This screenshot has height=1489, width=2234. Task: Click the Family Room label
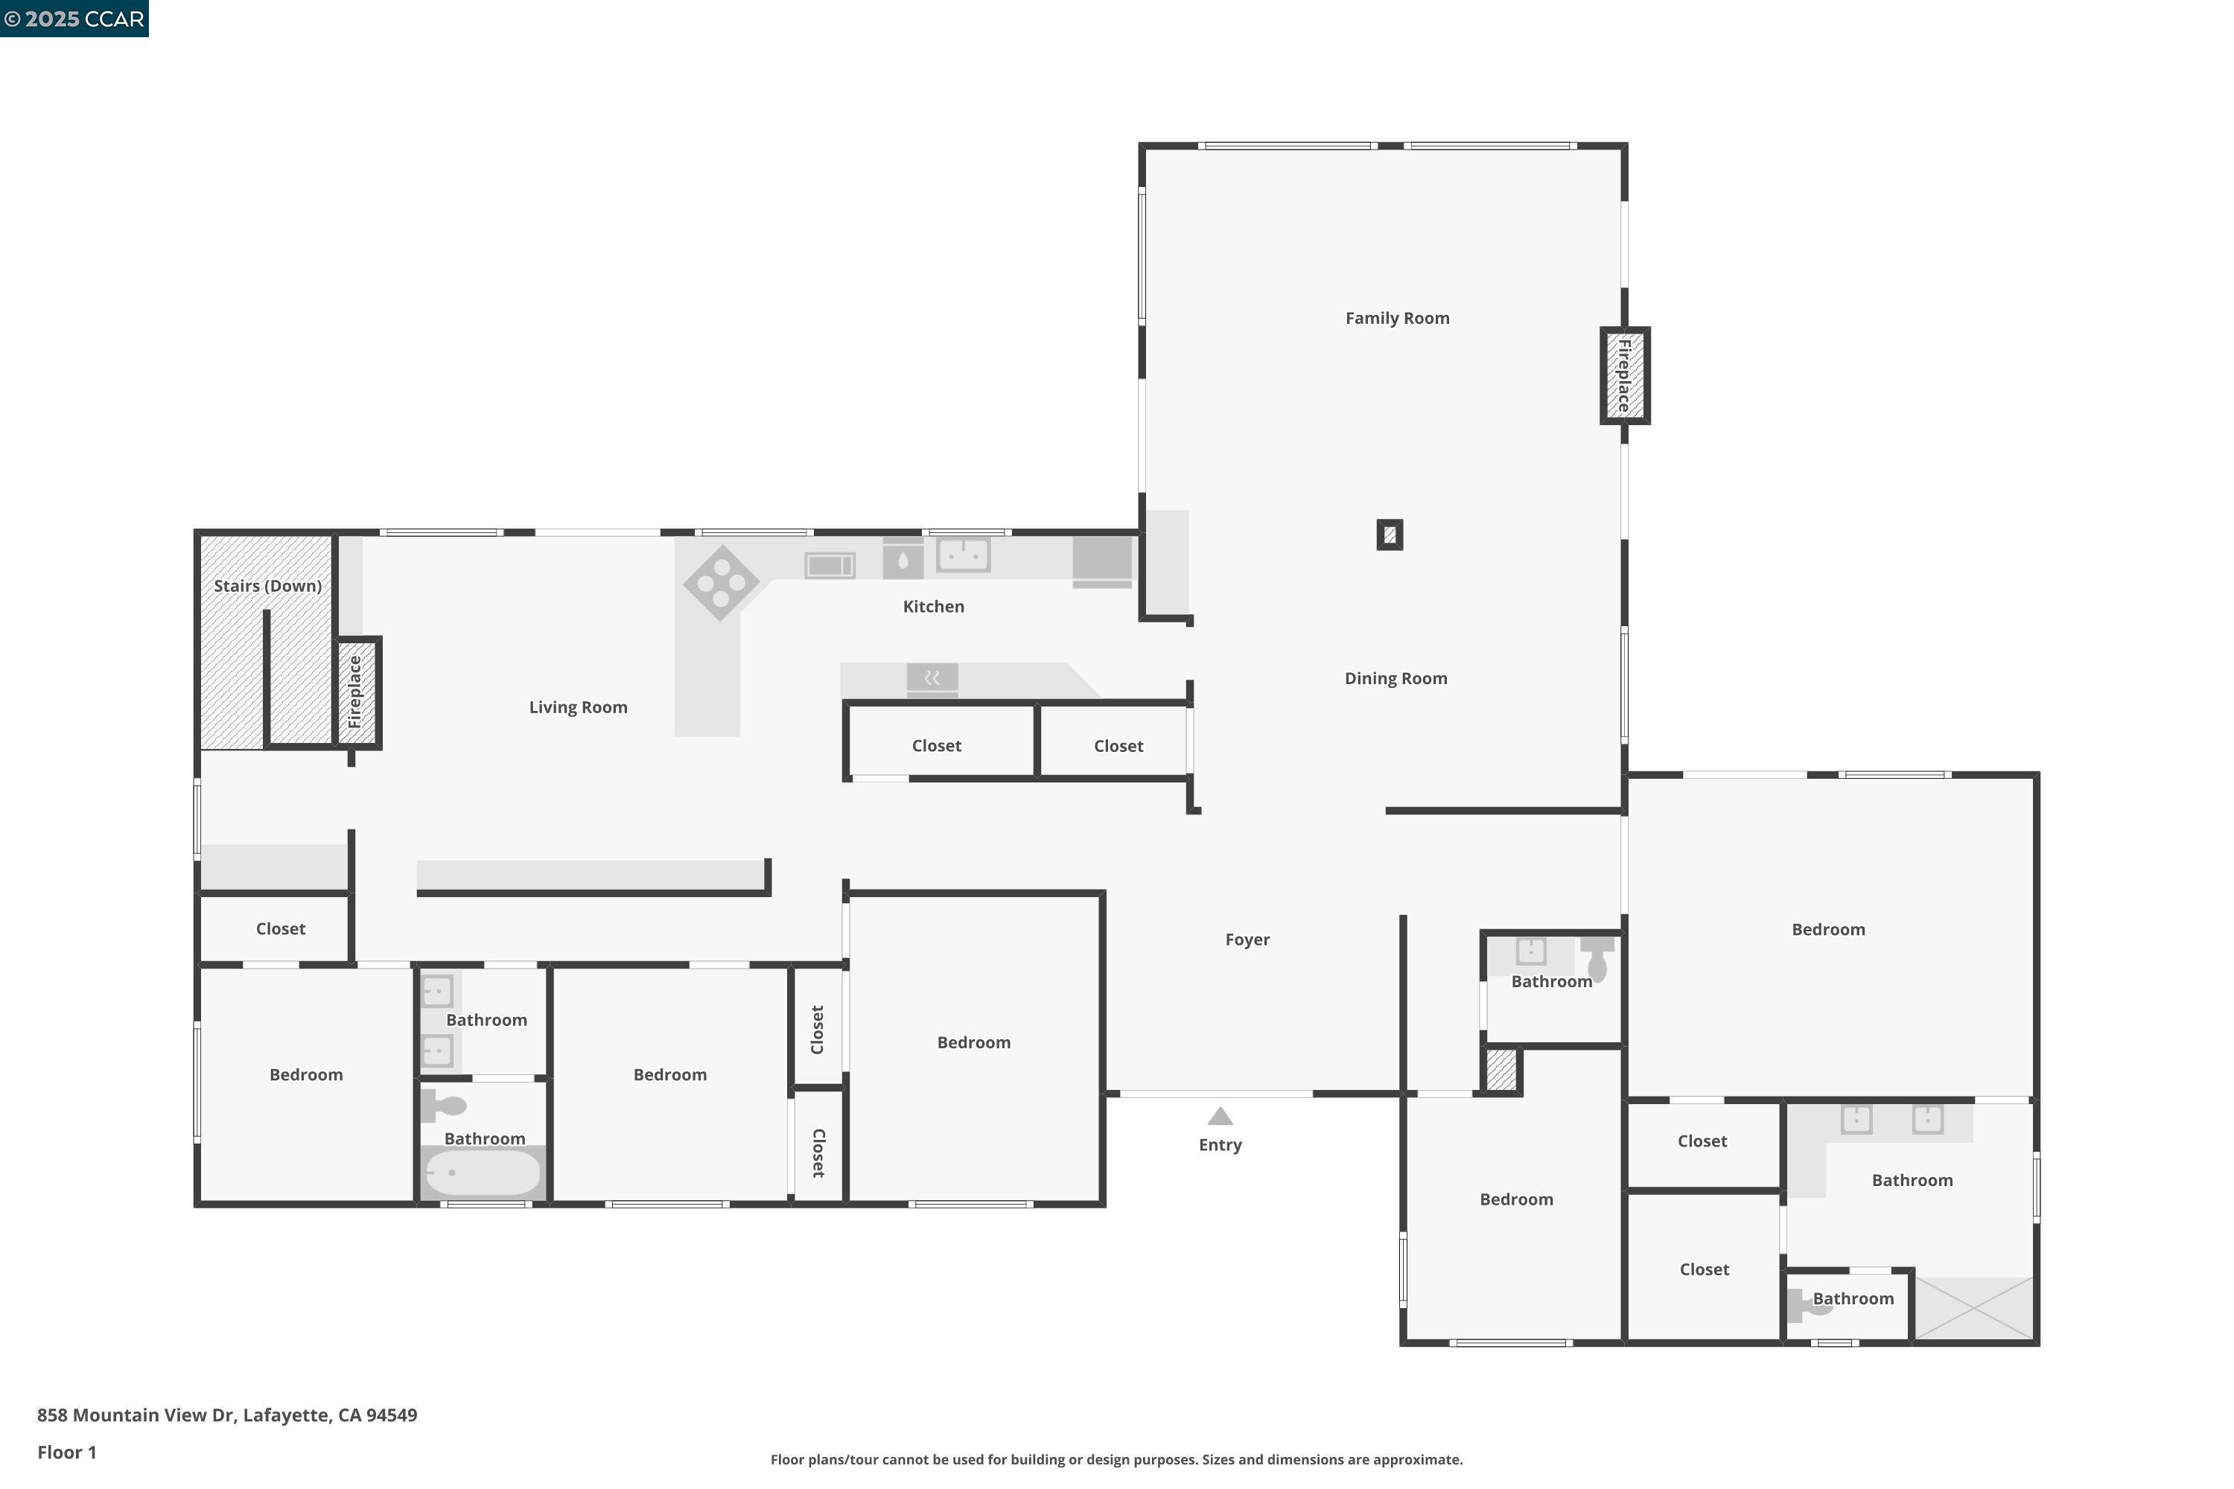point(1396,318)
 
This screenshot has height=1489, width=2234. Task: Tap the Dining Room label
point(1396,678)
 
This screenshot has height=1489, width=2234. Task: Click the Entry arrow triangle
point(1220,1117)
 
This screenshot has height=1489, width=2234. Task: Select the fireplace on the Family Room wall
point(1624,375)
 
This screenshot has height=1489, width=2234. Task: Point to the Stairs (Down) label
point(267,586)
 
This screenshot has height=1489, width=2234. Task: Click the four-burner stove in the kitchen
point(721,582)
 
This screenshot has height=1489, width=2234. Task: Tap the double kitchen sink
point(963,555)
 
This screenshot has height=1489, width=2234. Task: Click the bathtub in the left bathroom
point(483,1173)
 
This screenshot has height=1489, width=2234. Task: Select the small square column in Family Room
point(1389,535)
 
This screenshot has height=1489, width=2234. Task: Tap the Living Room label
point(578,707)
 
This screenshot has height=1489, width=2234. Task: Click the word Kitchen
point(933,607)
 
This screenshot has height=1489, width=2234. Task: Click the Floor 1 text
point(66,1452)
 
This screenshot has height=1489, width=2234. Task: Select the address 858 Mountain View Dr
point(226,1415)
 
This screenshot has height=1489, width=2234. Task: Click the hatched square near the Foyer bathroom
point(1501,1071)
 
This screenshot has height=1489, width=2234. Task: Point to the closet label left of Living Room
point(280,928)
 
